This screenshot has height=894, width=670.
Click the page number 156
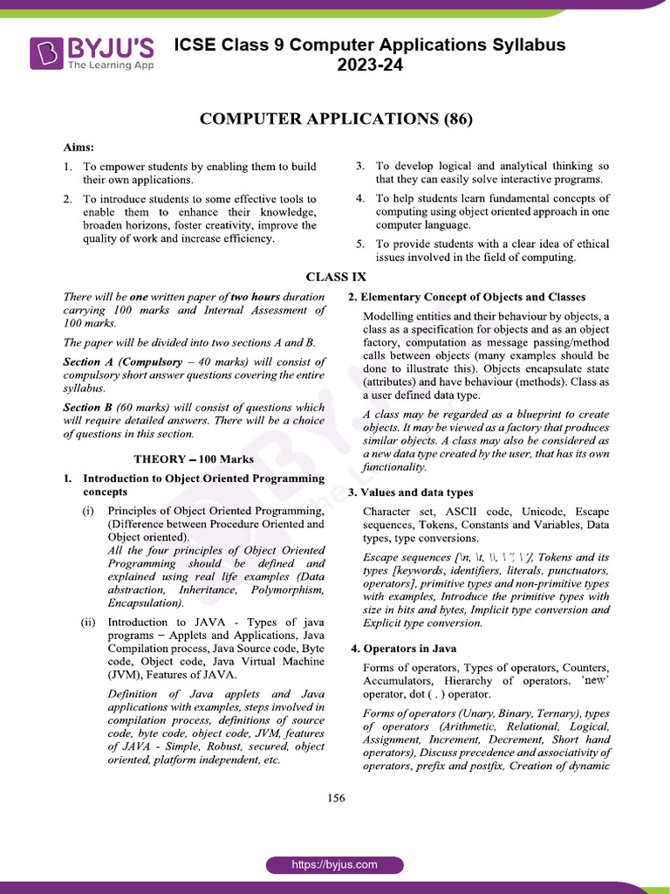pyautogui.click(x=335, y=798)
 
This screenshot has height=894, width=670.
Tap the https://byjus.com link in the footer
pyautogui.click(x=335, y=864)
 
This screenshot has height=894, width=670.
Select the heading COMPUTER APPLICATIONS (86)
pyautogui.click(x=335, y=120)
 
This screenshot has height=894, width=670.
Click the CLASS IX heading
pyautogui.click(x=335, y=277)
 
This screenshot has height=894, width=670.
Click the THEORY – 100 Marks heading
pyautogui.click(x=194, y=458)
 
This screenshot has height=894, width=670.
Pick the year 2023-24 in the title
pyautogui.click(x=370, y=65)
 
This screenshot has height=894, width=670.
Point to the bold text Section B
pyautogui.click(x=88, y=407)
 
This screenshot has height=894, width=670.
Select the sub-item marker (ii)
pyautogui.click(x=89, y=622)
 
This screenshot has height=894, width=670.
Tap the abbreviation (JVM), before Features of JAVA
pyautogui.click(x=126, y=674)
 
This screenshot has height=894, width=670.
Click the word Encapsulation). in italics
pyautogui.click(x=146, y=602)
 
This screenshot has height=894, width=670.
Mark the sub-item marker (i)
pyautogui.click(x=89, y=510)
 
